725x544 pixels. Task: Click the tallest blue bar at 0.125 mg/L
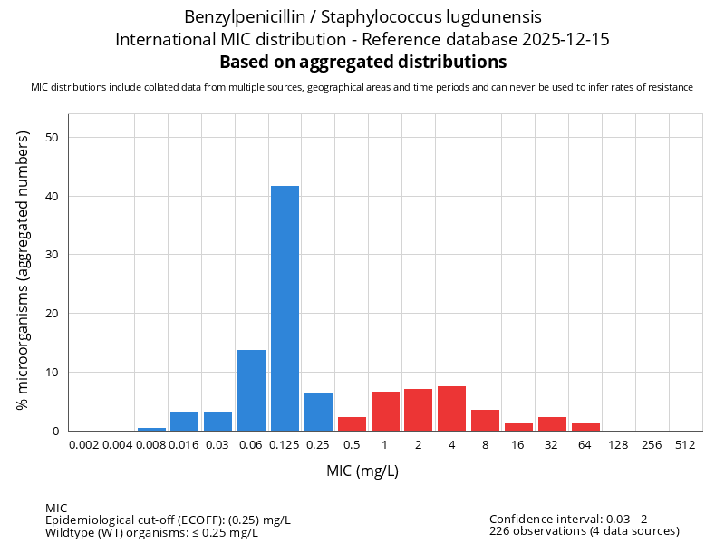(285, 308)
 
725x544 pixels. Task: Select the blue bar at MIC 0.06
(251, 390)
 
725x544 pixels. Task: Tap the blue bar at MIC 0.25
(318, 412)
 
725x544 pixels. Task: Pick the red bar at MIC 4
(451, 408)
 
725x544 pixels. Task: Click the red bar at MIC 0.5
(352, 423)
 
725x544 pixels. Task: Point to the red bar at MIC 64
(585, 426)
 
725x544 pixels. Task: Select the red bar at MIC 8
(485, 420)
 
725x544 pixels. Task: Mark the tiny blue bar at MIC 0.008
(151, 429)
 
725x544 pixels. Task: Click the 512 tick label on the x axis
(686, 444)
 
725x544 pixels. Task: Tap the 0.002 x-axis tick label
(84, 444)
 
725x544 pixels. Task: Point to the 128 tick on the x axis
(619, 444)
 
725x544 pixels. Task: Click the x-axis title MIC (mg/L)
(362, 471)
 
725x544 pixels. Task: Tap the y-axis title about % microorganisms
(24, 270)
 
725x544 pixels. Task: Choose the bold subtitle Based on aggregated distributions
(362, 62)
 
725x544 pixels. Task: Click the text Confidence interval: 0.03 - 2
(568, 519)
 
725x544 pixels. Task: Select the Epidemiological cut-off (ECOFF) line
(168, 520)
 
